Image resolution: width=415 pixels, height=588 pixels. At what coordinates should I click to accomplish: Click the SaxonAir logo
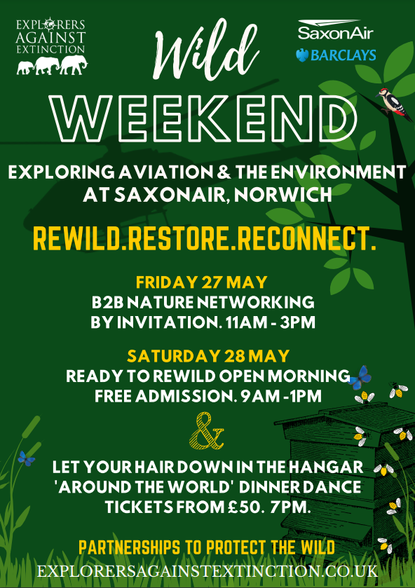[336, 30]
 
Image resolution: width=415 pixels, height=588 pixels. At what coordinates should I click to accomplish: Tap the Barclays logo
[336, 55]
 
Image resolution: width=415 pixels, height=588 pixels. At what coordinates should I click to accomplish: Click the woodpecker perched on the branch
[393, 104]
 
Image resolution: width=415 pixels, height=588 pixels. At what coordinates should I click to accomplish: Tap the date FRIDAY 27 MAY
[201, 282]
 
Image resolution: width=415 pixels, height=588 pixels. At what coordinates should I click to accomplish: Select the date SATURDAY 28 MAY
[208, 355]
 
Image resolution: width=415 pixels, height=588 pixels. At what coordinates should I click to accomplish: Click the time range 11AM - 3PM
[270, 322]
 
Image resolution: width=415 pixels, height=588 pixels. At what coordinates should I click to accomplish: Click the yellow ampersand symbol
[206, 430]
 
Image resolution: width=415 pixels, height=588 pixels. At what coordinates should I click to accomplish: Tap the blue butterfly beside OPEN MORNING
[360, 378]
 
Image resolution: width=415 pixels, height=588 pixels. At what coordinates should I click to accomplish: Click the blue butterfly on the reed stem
[26, 458]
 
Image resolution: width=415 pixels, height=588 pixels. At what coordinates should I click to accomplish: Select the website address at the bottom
[207, 571]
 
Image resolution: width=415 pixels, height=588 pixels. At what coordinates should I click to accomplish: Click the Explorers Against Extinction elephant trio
[52, 65]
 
